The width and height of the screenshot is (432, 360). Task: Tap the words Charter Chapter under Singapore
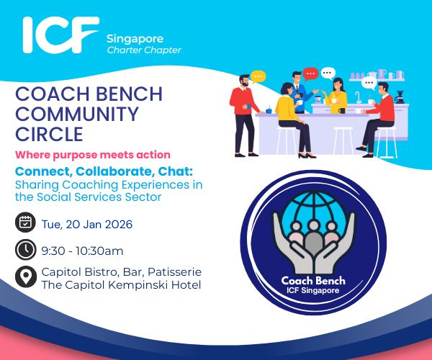pyautogui.click(x=143, y=50)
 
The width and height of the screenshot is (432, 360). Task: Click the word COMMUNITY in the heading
pyautogui.click(x=77, y=114)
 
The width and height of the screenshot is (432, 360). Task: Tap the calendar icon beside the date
pyautogui.click(x=25, y=224)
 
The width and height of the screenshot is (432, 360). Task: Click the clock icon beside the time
pyautogui.click(x=25, y=250)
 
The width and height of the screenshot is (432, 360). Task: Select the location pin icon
pyautogui.click(x=25, y=277)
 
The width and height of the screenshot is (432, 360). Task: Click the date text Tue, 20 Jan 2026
pyautogui.click(x=86, y=225)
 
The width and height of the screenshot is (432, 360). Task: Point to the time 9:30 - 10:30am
pyautogui.click(x=82, y=251)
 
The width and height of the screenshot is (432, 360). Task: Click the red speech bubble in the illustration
pyautogui.click(x=310, y=73)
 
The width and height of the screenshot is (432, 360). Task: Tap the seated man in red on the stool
pyautogui.click(x=380, y=115)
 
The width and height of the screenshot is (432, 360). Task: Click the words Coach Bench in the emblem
pyautogui.click(x=312, y=282)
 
